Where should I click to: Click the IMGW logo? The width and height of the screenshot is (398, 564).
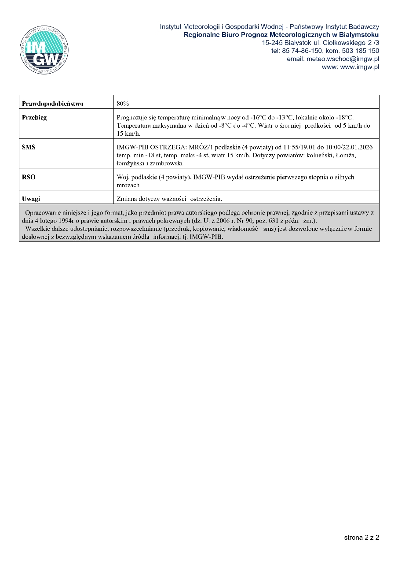point(44,50)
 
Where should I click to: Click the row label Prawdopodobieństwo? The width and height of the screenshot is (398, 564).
point(53,104)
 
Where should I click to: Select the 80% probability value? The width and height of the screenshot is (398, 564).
point(123,104)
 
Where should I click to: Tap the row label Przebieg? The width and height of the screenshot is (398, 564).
point(34,118)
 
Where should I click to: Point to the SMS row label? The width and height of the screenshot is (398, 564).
point(29,148)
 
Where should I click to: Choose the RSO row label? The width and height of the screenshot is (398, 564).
point(29,177)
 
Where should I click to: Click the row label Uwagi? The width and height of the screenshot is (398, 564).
point(31,199)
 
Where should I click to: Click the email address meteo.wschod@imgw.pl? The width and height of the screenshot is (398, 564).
point(333,59)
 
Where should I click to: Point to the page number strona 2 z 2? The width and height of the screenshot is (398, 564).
point(361,538)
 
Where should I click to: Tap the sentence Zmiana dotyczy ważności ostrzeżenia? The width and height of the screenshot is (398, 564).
point(169,199)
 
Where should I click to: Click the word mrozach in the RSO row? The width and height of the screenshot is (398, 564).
point(128,186)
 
